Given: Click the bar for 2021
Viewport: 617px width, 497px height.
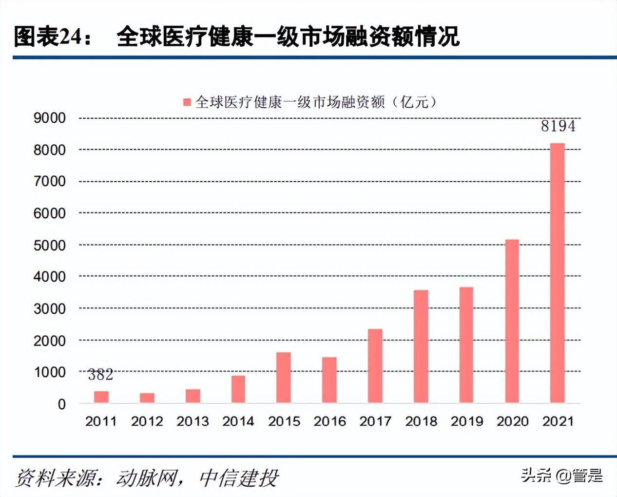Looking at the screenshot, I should click(x=557, y=273).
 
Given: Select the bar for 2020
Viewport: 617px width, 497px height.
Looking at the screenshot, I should click(x=512, y=321).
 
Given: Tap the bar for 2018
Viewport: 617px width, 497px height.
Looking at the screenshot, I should click(x=421, y=346).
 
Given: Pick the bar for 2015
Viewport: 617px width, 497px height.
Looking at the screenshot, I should click(x=283, y=378).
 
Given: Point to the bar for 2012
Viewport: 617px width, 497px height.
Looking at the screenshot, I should click(x=147, y=398).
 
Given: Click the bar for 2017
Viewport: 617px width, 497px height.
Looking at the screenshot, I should click(x=375, y=366).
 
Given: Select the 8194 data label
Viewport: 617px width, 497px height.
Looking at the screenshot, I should click(x=558, y=126).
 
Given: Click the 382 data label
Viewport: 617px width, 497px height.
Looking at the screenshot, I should click(x=100, y=375).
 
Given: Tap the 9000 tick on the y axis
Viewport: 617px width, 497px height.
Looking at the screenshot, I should click(x=49, y=118).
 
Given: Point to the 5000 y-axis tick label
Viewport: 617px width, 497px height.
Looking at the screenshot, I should click(x=49, y=245).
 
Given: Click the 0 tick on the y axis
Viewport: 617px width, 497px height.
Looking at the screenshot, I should click(x=61, y=404).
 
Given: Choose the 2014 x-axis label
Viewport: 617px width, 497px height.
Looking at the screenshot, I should click(x=238, y=421).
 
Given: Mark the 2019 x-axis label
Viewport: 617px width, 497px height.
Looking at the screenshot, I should click(x=466, y=421).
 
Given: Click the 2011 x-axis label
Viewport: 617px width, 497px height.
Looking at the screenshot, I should click(x=101, y=421).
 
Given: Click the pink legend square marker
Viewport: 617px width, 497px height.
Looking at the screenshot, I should click(x=187, y=102).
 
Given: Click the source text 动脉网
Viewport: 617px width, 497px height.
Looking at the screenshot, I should click(x=146, y=478).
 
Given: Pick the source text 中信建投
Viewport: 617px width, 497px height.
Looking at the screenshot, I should click(x=239, y=478).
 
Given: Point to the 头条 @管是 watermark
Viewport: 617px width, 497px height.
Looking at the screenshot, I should click(x=561, y=475).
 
